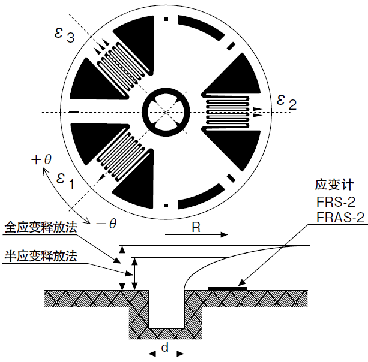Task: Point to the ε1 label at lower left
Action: tap(64, 179)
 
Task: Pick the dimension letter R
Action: tap(196, 227)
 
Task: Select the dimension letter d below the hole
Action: tap(166, 346)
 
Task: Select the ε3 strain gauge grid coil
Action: tap(119, 65)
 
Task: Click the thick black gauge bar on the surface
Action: tap(228, 289)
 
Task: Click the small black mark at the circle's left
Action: tap(73, 112)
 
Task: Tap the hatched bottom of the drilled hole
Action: tap(166, 332)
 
